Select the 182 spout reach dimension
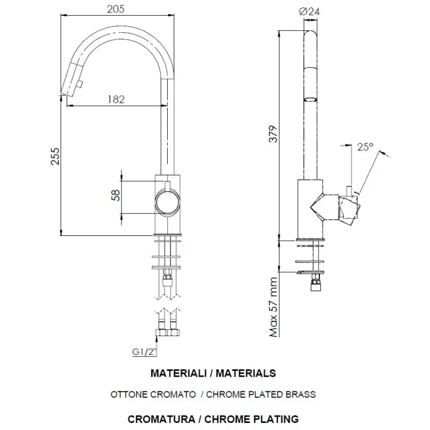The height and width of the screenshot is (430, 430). click(x=116, y=99)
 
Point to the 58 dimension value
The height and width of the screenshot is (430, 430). click(x=114, y=196)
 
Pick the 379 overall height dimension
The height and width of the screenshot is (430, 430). click(x=273, y=134)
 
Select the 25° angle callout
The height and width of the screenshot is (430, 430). click(x=365, y=147)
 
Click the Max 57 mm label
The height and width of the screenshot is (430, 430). click(x=274, y=306)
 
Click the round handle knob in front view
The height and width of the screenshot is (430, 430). click(x=167, y=203)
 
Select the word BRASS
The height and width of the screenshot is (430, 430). click(x=302, y=394)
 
